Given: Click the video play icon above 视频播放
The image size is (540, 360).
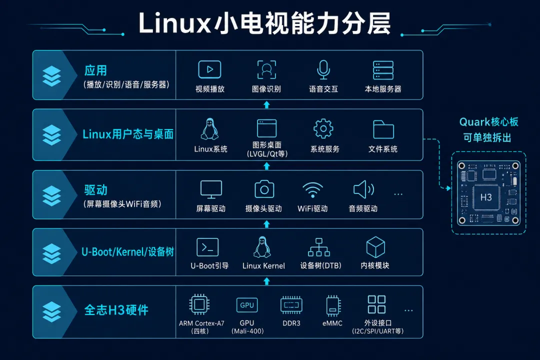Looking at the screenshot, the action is pos(209,69).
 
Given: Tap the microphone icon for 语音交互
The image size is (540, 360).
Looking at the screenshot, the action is pos(323,69).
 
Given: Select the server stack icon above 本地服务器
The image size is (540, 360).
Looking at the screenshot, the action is pos(383,70).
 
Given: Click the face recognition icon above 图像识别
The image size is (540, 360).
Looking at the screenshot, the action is pos(266,69).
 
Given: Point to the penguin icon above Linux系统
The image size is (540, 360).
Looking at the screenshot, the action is pos(209,129).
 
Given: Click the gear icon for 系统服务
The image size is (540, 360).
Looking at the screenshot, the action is pos(323,129).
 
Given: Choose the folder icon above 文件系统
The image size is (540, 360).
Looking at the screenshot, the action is pos(383,129).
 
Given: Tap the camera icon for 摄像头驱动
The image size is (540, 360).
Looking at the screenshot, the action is pos(264,189).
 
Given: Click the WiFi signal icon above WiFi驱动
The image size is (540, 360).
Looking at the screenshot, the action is pos(312,190).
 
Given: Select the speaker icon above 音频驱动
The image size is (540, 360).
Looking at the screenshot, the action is pos(363,189).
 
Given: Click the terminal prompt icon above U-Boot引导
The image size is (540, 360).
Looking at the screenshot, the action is pos(207,247).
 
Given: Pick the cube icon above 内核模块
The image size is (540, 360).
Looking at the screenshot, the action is pos(375,247).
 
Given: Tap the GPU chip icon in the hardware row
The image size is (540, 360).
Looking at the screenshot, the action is pos(247,305).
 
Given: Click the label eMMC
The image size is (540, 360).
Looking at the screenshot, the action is pos(332,323).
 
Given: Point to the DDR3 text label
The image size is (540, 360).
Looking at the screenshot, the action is pos(291,323).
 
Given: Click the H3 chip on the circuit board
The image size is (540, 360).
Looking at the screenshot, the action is pos(486,197).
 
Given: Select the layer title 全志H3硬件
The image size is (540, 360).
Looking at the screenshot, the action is pos(116,310).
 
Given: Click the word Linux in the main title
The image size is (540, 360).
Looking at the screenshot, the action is pos(174,23).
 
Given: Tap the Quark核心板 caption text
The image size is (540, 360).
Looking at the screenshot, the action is pos(488,122).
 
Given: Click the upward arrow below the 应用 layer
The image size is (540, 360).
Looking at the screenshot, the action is pos(266,104).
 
